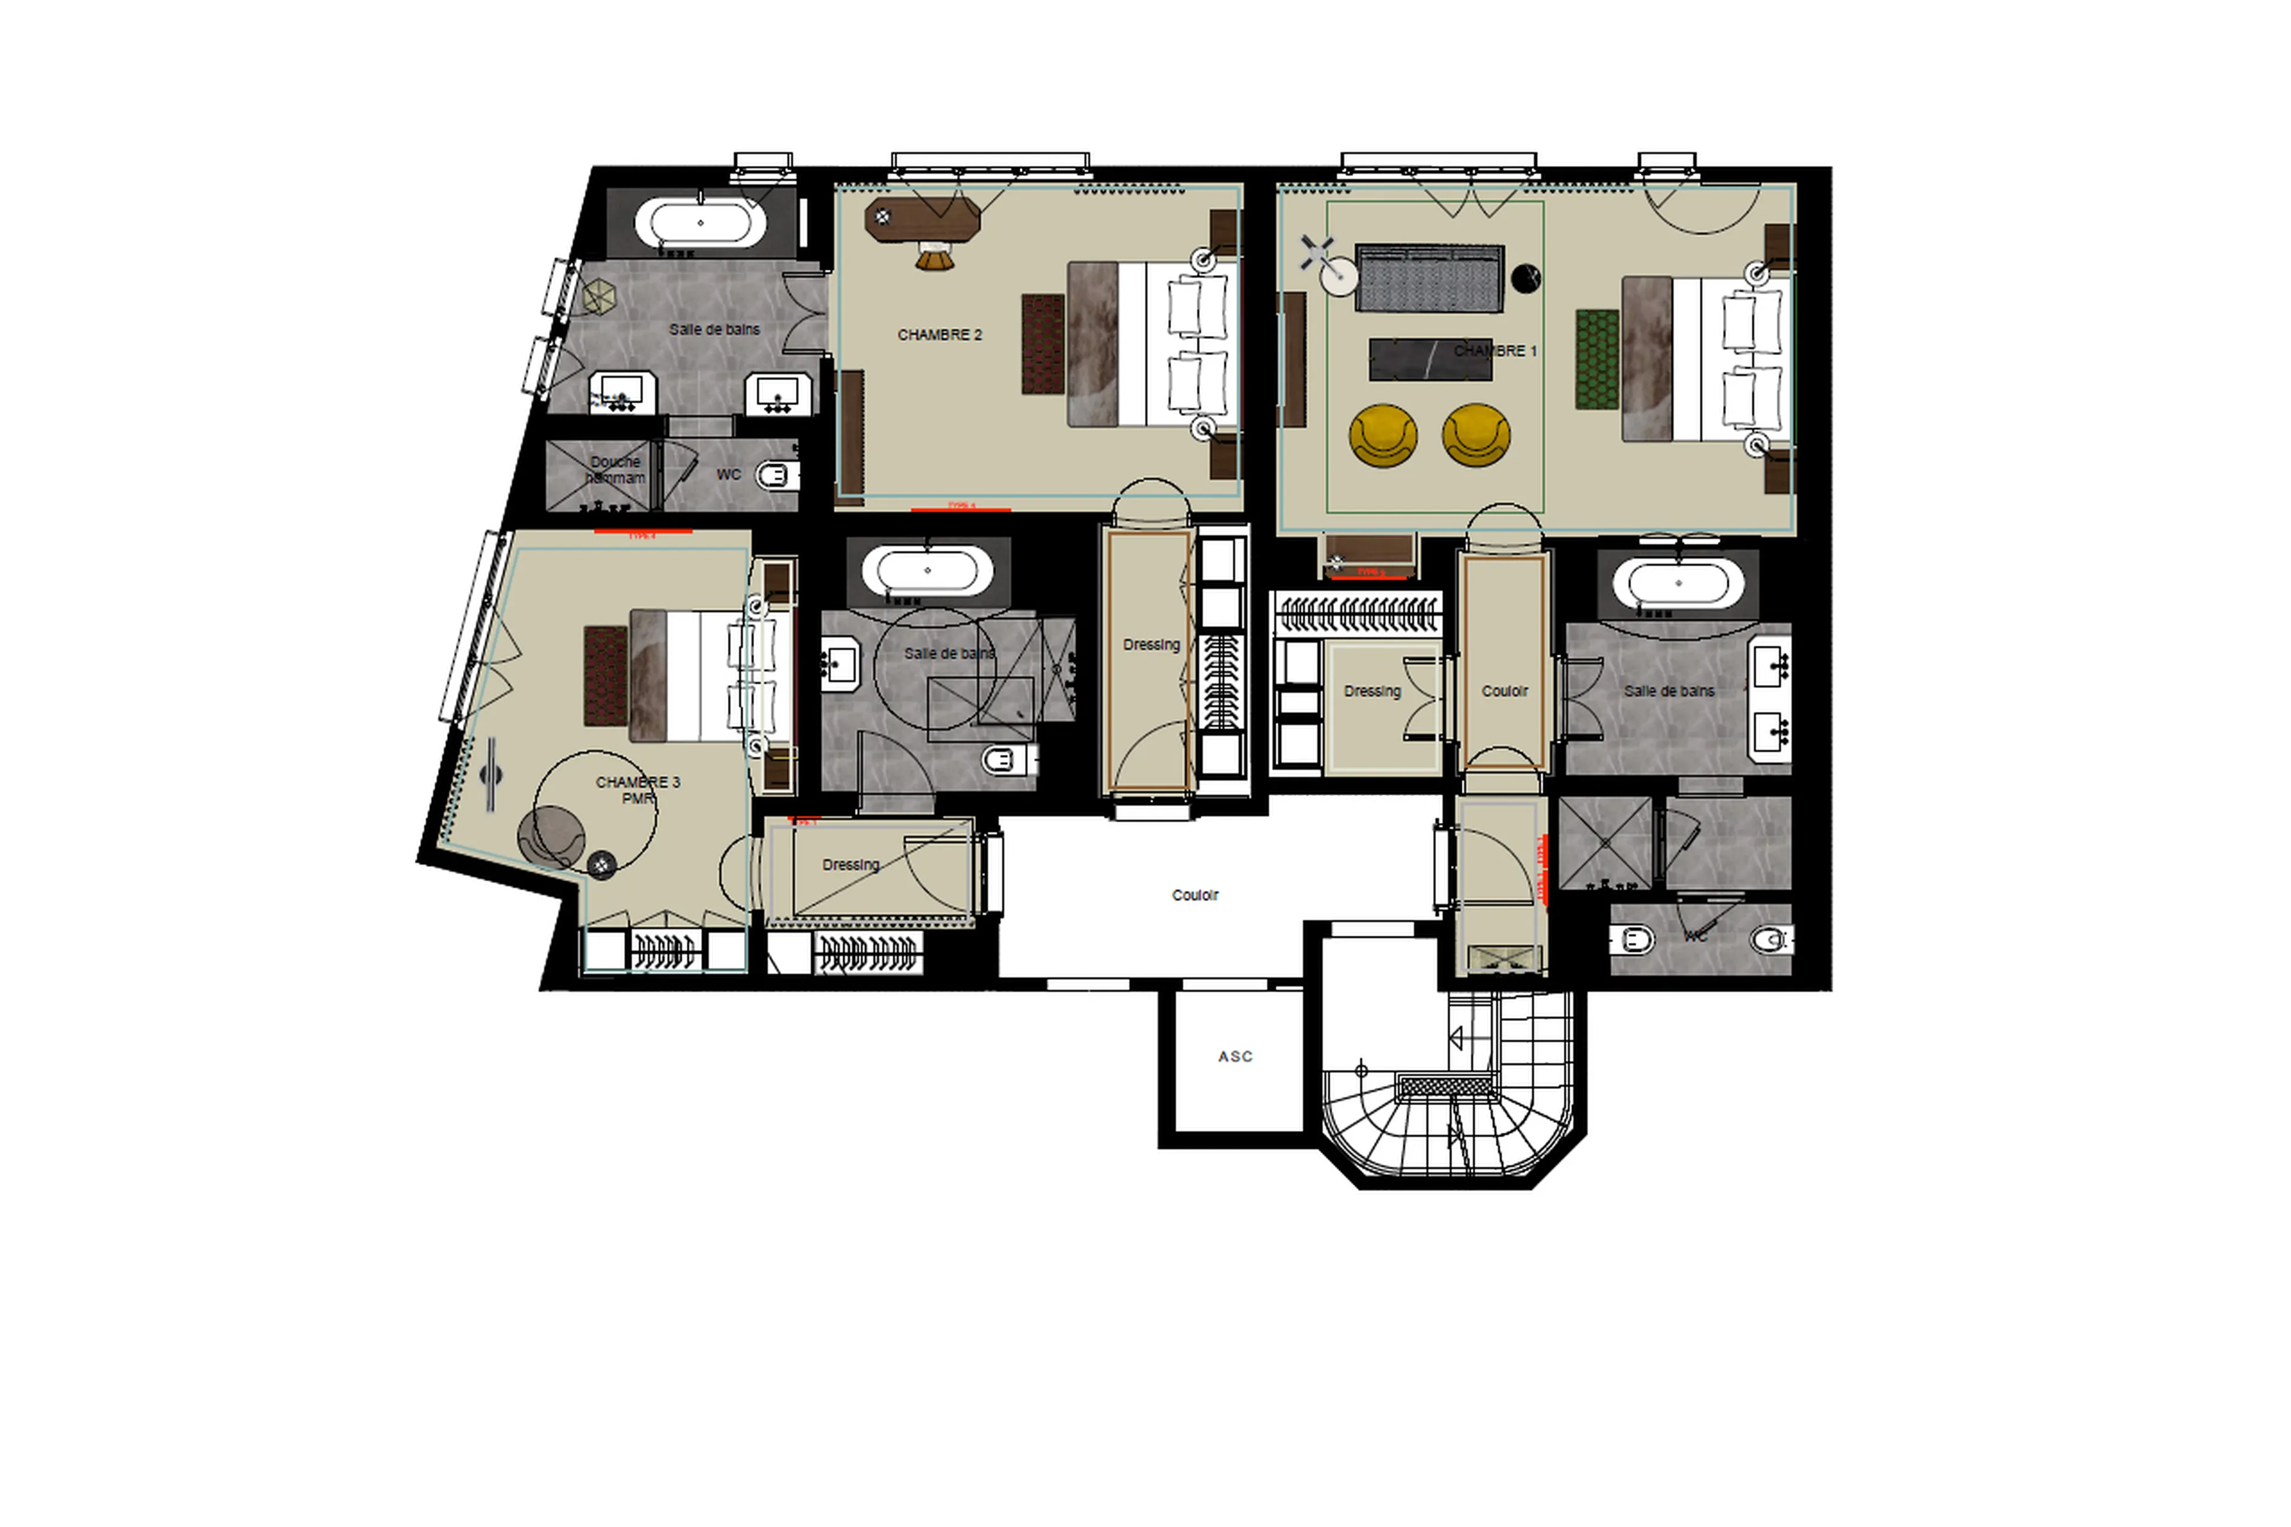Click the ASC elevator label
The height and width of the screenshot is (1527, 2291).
click(x=1234, y=1057)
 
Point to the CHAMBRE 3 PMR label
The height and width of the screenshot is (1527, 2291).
click(x=638, y=790)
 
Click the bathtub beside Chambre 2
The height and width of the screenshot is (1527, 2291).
click(x=699, y=224)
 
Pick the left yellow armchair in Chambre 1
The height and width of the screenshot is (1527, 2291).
click(x=1382, y=436)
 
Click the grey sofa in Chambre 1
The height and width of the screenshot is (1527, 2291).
click(x=1429, y=279)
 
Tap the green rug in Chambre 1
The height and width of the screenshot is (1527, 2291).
click(x=1597, y=359)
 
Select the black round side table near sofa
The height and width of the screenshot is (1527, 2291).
click(x=1525, y=279)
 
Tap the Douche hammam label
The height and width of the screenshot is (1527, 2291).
click(x=615, y=470)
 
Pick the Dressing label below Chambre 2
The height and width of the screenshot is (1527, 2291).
click(x=1151, y=644)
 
